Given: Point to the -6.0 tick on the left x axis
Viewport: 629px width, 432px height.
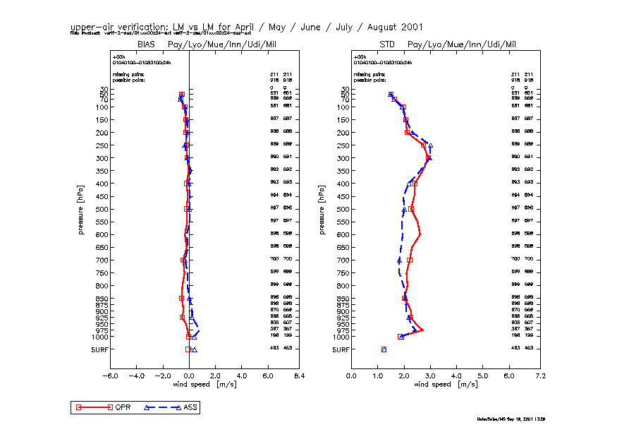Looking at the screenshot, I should coord(110,376).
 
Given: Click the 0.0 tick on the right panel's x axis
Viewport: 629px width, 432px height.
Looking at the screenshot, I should coord(351,376).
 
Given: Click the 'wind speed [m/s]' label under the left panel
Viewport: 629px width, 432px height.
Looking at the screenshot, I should coord(202,385).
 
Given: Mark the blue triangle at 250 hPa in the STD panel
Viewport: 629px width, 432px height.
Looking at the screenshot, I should coord(430,145).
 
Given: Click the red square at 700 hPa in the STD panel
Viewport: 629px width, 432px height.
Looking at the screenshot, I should coord(410,260).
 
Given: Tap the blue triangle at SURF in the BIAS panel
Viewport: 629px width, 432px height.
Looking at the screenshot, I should coord(195,349).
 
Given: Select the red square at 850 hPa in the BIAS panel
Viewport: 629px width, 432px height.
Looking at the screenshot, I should coord(181,299).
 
